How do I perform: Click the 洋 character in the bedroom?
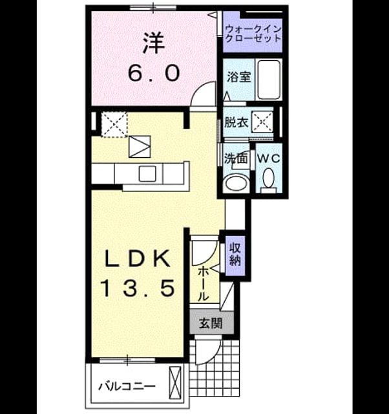coord(154,43)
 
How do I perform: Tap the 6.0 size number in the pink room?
coord(154,73)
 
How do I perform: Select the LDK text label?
coord(138,259)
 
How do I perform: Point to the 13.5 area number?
coord(138,288)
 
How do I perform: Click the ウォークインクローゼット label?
coord(253,34)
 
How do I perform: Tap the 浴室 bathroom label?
coord(238,77)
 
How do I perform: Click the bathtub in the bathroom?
coord(268,80)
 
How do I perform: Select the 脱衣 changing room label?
coord(236,122)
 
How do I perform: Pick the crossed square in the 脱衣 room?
coord(262,122)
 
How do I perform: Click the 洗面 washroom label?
coord(235,158)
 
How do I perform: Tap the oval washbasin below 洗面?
coord(236,182)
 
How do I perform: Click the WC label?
coord(268,158)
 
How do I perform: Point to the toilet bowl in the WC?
coord(268,178)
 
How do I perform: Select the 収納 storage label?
coord(235,254)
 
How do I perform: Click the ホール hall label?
coord(203,283)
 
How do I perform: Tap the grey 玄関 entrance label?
coord(211,323)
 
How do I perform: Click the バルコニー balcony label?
coord(127,387)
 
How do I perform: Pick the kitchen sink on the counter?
coord(147,174)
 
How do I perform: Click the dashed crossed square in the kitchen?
coord(115,124)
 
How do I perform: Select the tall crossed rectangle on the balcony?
coord(175,382)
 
